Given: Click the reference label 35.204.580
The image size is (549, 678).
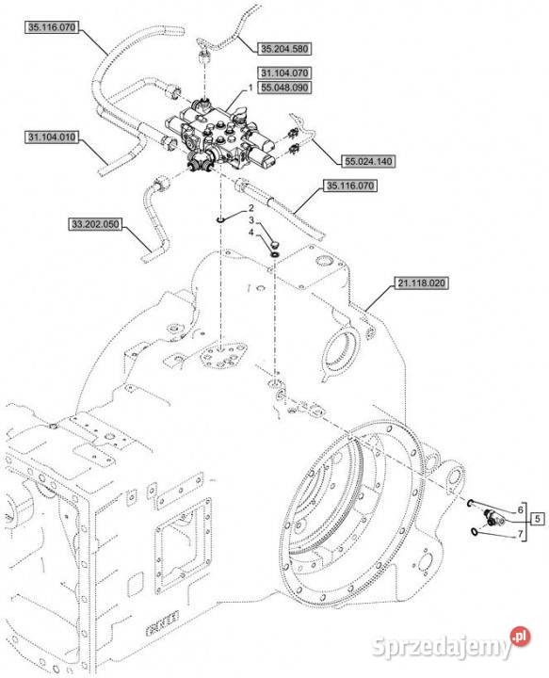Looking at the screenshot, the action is tap(284, 49).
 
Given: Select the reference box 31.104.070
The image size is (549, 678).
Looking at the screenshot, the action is tap(284, 73).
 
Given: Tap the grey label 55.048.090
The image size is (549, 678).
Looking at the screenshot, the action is tap(284, 88).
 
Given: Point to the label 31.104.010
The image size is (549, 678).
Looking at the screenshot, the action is tap(52, 137).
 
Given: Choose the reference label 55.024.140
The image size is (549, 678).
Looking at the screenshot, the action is tap(368, 161).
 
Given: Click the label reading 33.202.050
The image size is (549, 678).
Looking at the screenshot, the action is tap(95, 224).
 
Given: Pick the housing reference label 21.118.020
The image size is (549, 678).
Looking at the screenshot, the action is tap(421, 283).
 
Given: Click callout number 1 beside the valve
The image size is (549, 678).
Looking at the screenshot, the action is tap(250, 88).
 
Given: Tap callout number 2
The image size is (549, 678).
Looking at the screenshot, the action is tap(250, 208).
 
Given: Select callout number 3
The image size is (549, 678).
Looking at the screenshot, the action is tap(250, 220).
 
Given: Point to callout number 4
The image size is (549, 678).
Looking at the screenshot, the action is tap(250, 234).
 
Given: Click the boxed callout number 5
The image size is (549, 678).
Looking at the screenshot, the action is tap(538, 518).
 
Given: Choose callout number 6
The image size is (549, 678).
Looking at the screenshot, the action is tap(521, 509).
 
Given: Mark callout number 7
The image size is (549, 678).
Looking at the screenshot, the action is tap(521, 535).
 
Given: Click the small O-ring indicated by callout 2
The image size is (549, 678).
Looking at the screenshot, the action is tap(220, 221).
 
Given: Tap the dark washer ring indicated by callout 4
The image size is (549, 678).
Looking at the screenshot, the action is tap(274, 253).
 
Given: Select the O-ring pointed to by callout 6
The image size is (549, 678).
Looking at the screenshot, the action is tap(470, 503).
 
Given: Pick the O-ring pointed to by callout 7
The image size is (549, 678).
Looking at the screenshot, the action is tap(476, 531).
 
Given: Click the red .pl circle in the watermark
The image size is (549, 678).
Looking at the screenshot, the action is tap(520, 637).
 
